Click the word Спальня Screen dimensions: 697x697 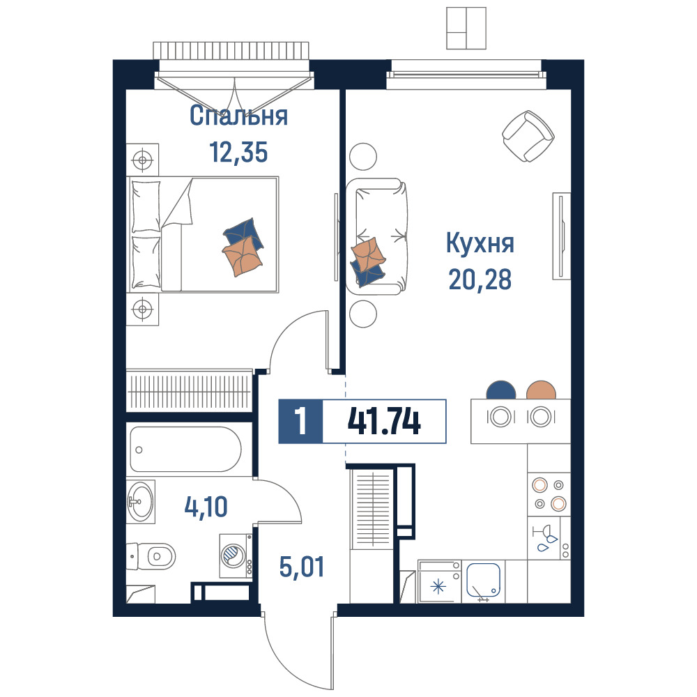coord(238,116)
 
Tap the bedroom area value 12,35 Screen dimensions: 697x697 coord(238,153)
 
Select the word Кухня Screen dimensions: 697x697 coord(480,243)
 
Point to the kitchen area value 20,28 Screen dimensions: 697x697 coord(480,279)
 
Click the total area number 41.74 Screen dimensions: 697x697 coord(384,422)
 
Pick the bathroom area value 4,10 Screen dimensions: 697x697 coord(206,507)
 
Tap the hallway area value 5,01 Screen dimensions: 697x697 coord(302,567)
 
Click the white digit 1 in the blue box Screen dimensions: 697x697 coord(301,422)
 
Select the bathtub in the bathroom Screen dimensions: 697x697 coord(186,449)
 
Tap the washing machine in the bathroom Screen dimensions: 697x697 coord(236,556)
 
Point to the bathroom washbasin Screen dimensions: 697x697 coord(141,501)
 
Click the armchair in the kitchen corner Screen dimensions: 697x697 coord(528,136)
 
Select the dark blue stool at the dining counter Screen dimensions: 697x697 coord(501,390)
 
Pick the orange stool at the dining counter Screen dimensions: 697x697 coord(541,390)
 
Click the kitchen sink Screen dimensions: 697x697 coord(484,581)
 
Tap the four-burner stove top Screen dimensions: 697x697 coord(549,494)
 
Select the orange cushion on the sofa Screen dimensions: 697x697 coord(367,254)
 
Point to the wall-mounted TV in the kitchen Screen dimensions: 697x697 coord(561,236)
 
